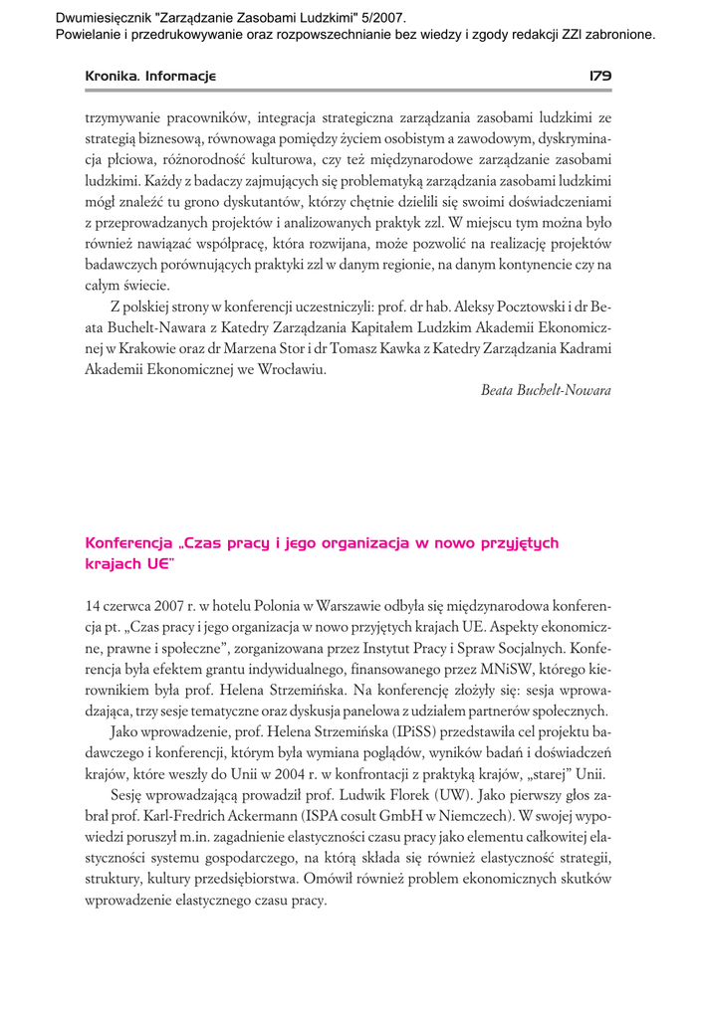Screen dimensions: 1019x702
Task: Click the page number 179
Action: click(x=599, y=76)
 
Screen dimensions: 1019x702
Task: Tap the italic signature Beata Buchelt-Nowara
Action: click(x=546, y=390)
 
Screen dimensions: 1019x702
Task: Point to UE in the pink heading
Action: click(x=157, y=563)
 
